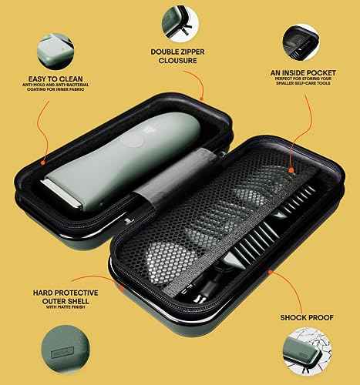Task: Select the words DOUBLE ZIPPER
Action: (177, 52)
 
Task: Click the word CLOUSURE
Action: (177, 63)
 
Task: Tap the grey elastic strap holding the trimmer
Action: (150, 192)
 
